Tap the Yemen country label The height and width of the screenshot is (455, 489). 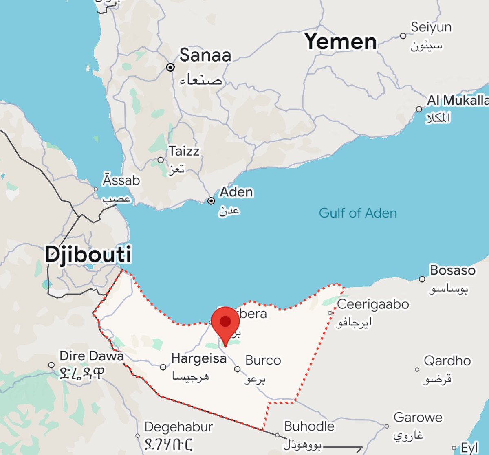click(340, 41)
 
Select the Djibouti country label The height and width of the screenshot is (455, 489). click(88, 255)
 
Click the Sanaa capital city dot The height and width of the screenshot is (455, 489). click(170, 67)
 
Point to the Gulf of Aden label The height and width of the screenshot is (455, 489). click(357, 213)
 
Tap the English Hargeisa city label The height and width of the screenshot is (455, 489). click(199, 358)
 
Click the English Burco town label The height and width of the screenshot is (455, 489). click(263, 360)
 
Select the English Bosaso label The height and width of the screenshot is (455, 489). click(452, 270)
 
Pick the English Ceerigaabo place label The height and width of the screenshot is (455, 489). click(373, 304)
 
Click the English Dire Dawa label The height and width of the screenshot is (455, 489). click(92, 356)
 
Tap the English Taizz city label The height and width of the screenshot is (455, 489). click(184, 151)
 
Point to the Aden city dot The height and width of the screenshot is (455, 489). click(211, 201)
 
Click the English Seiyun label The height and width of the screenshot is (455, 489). click(431, 27)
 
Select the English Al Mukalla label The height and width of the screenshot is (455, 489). click(458, 100)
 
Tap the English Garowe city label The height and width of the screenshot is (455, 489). click(418, 418)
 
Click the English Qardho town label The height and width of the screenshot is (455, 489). click(447, 361)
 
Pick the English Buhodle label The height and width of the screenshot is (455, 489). click(309, 426)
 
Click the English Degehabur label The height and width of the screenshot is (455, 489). click(178, 427)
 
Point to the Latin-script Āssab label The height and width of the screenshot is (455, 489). click(121, 180)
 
